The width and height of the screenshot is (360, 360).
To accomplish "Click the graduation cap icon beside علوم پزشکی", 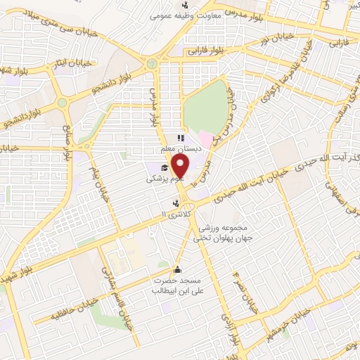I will [165, 167].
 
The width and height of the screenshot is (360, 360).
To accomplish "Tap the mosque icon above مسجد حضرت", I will [176, 269].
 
